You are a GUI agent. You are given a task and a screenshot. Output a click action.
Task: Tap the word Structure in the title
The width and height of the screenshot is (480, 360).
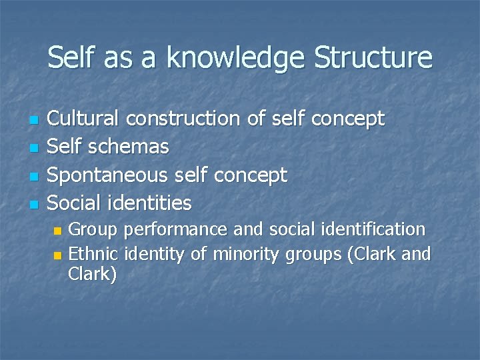pyautogui.click(x=373, y=57)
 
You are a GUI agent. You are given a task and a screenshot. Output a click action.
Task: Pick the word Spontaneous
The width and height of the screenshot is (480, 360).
pyautogui.click(x=109, y=175)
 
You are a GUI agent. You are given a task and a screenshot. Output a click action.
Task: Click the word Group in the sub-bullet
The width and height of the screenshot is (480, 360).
pyautogui.click(x=93, y=230)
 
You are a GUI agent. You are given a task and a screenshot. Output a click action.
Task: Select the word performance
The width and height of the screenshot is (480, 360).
pyautogui.click(x=176, y=231)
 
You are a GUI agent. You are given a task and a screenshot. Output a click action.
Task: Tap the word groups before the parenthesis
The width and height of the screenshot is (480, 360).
pyautogui.click(x=313, y=255)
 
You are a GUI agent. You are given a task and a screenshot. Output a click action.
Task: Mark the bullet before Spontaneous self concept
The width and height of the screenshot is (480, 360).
pyautogui.click(x=35, y=177)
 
